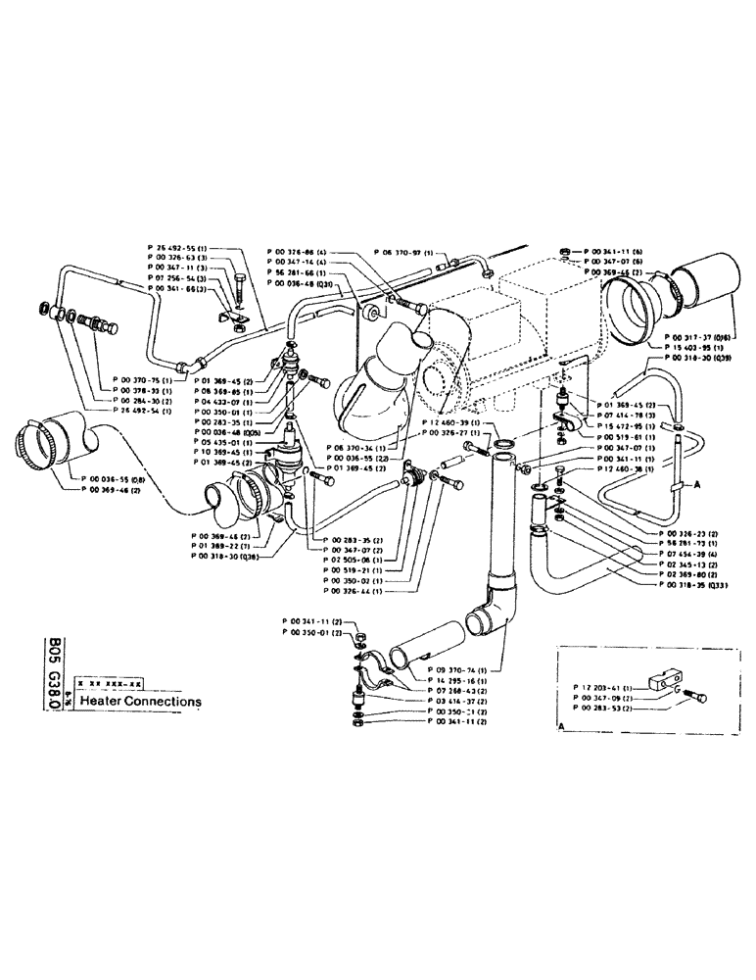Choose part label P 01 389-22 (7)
click(x=224, y=544)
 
